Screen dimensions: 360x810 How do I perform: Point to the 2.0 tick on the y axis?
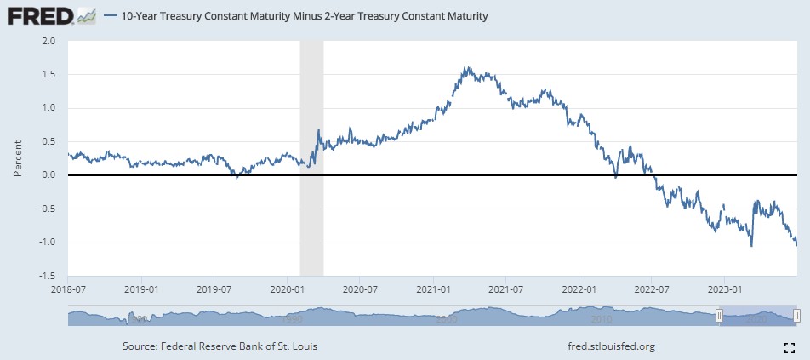pos(48,41)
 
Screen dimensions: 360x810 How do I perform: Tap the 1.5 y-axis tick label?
pos(48,75)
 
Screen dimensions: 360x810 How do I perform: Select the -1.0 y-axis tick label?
pos(47,243)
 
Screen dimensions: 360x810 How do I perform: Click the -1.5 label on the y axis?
pos(47,276)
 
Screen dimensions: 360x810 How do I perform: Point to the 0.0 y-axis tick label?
pos(48,175)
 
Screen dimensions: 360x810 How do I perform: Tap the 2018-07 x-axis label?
pos(67,289)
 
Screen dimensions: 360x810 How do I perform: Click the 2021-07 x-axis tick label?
pos(505,289)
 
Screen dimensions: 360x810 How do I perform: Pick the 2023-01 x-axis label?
pos(724,289)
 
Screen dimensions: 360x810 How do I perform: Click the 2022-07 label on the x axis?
pos(651,289)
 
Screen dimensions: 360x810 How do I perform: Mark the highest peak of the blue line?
pos(466,67)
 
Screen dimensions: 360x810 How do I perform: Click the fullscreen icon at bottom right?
pos(789,346)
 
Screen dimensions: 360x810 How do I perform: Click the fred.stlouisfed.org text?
pos(610,346)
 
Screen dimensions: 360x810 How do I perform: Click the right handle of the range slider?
pos(796,316)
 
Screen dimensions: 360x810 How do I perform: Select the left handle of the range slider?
pos(719,316)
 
